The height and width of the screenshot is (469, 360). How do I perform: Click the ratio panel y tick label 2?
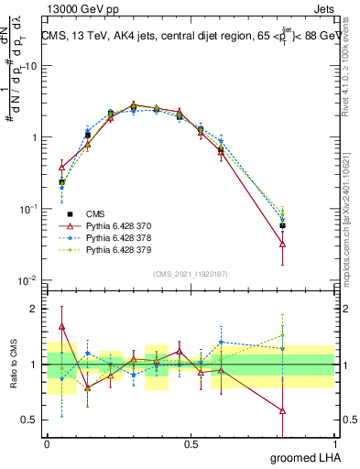(35, 309)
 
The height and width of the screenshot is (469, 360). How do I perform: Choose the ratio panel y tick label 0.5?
(29, 420)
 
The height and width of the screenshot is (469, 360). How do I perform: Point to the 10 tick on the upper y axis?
(31, 66)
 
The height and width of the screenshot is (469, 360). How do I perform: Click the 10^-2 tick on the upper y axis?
(28, 280)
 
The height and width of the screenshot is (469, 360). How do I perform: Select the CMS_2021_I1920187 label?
(190, 274)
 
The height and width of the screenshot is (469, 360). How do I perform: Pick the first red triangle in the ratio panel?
(61, 326)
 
